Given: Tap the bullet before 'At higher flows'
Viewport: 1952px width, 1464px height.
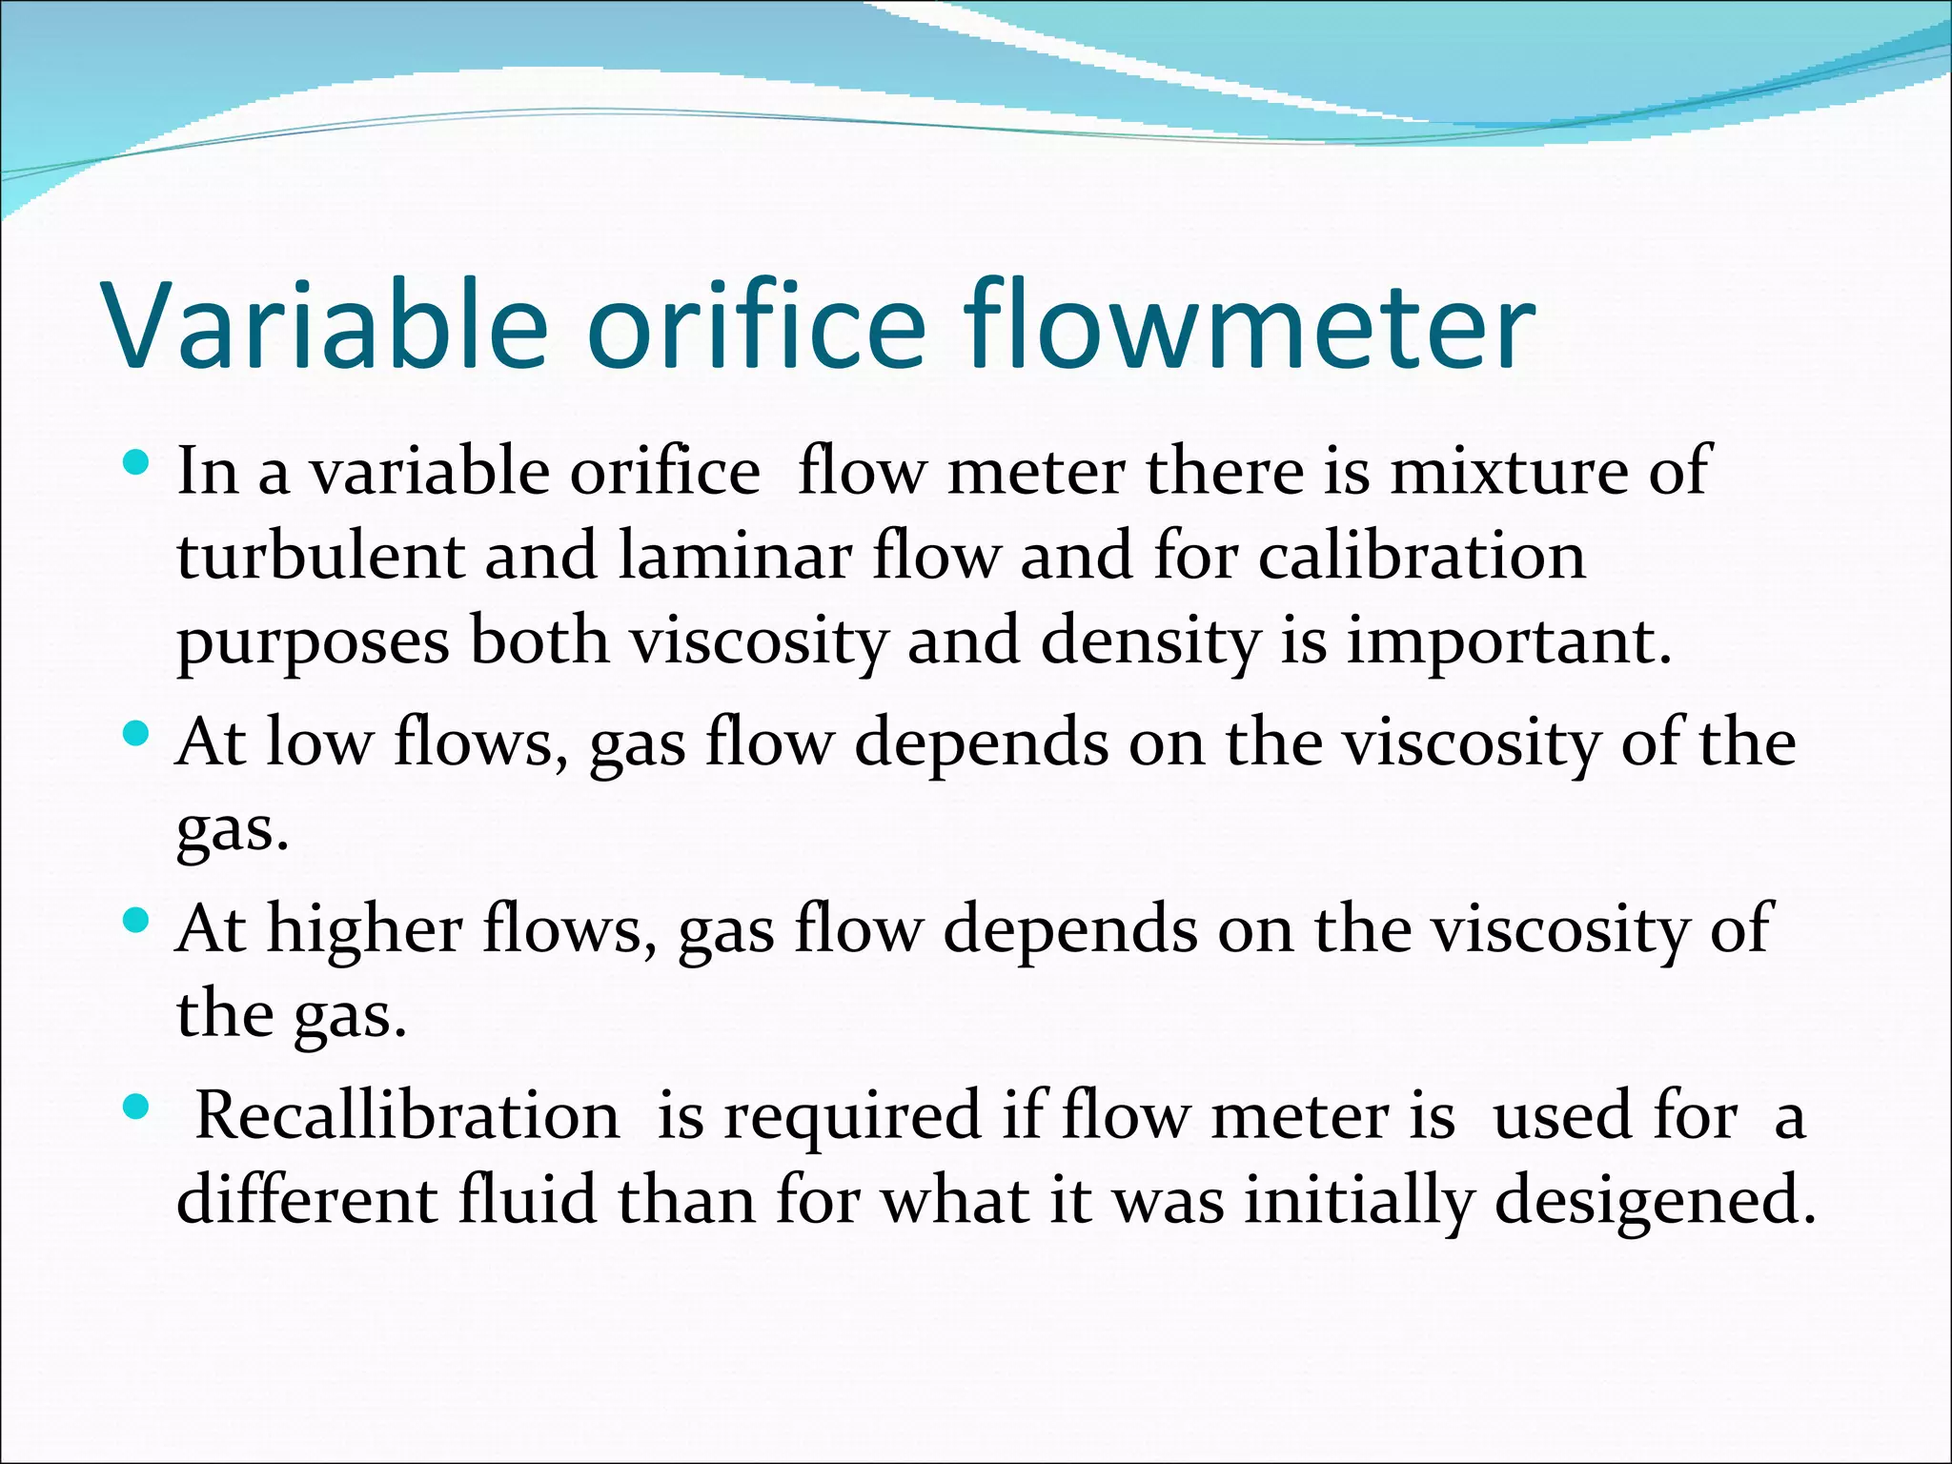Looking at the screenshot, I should coord(137,921).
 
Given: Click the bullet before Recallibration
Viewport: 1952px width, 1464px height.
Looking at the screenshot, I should coord(137,1107).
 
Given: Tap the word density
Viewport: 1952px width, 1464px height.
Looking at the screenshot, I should coord(1149,642).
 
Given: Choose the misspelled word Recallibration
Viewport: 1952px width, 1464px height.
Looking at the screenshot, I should coord(407,1114).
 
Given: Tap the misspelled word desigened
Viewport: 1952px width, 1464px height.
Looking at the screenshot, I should coord(1655,1201).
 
